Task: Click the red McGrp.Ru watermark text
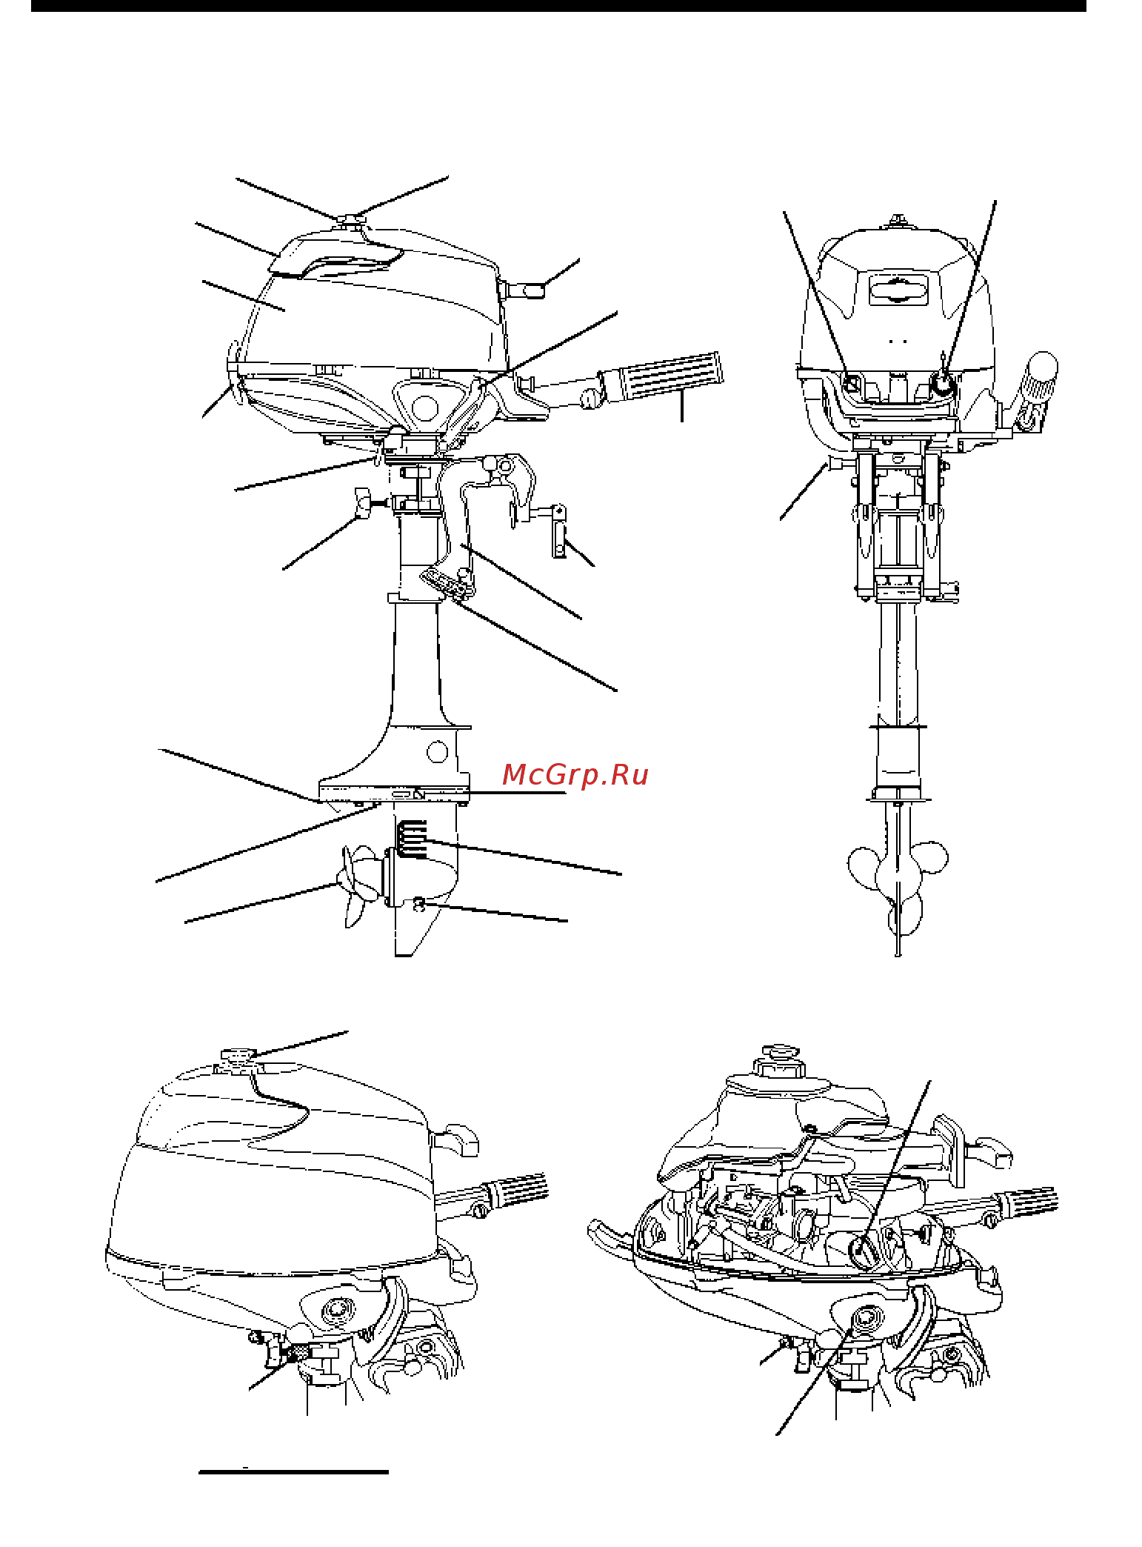(x=575, y=775)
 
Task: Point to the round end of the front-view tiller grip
(x=1043, y=365)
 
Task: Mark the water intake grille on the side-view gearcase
(x=412, y=839)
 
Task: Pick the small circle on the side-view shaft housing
(x=438, y=753)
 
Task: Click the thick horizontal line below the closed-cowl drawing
(x=293, y=1471)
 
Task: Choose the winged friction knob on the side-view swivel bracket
(x=363, y=503)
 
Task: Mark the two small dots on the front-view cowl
(x=898, y=342)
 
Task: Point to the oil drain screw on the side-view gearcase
(x=419, y=903)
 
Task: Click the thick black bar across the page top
(x=558, y=5)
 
